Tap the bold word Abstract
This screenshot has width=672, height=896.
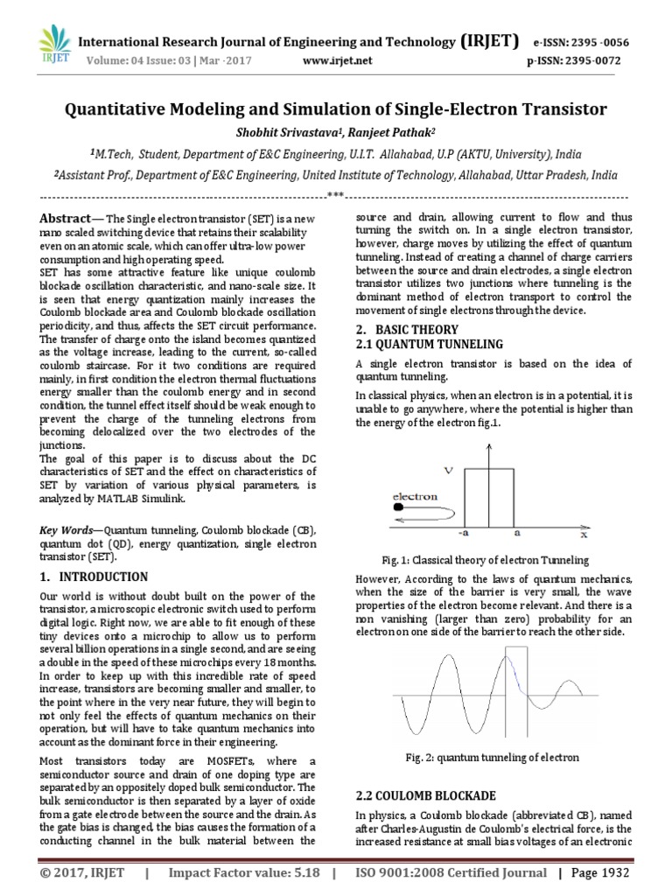pyautogui.click(x=66, y=218)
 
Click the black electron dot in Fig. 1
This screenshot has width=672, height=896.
pyautogui.click(x=399, y=507)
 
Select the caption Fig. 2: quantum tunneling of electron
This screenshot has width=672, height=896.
pyautogui.click(x=493, y=757)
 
